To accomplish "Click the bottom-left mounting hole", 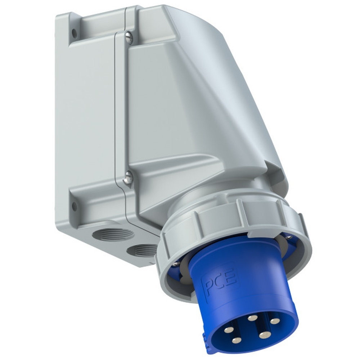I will (75, 206).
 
